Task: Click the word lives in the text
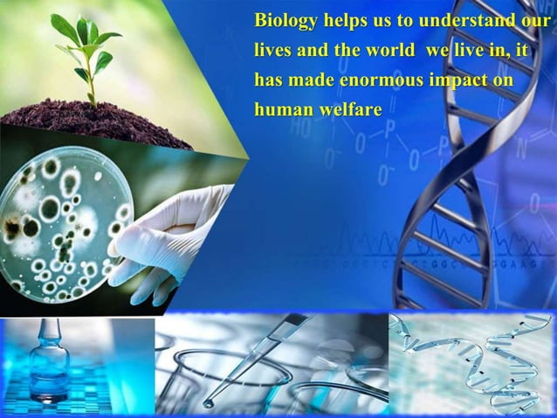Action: pyautogui.click(x=272, y=50)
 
